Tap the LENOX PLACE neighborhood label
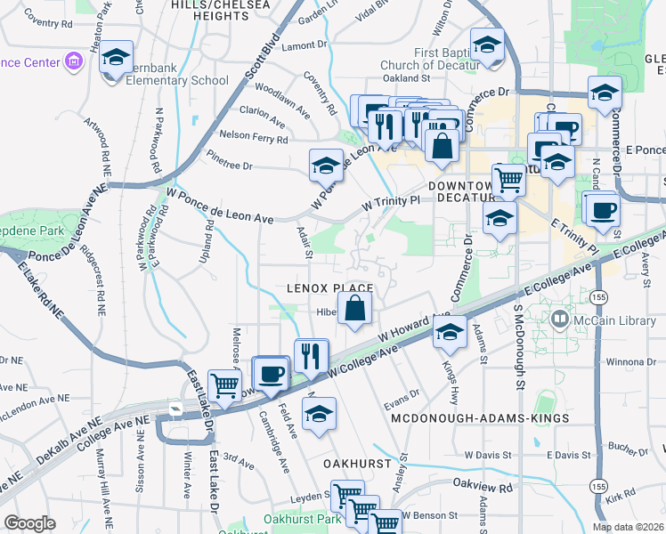(329, 288)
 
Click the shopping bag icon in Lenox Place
(354, 310)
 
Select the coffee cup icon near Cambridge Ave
(271, 372)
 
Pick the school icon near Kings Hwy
(451, 332)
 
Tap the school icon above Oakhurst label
(319, 414)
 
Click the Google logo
(29, 523)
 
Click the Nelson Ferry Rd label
(254, 140)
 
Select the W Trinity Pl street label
(390, 204)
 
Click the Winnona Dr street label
(630, 362)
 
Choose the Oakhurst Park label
(304, 519)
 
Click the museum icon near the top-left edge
(75, 61)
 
